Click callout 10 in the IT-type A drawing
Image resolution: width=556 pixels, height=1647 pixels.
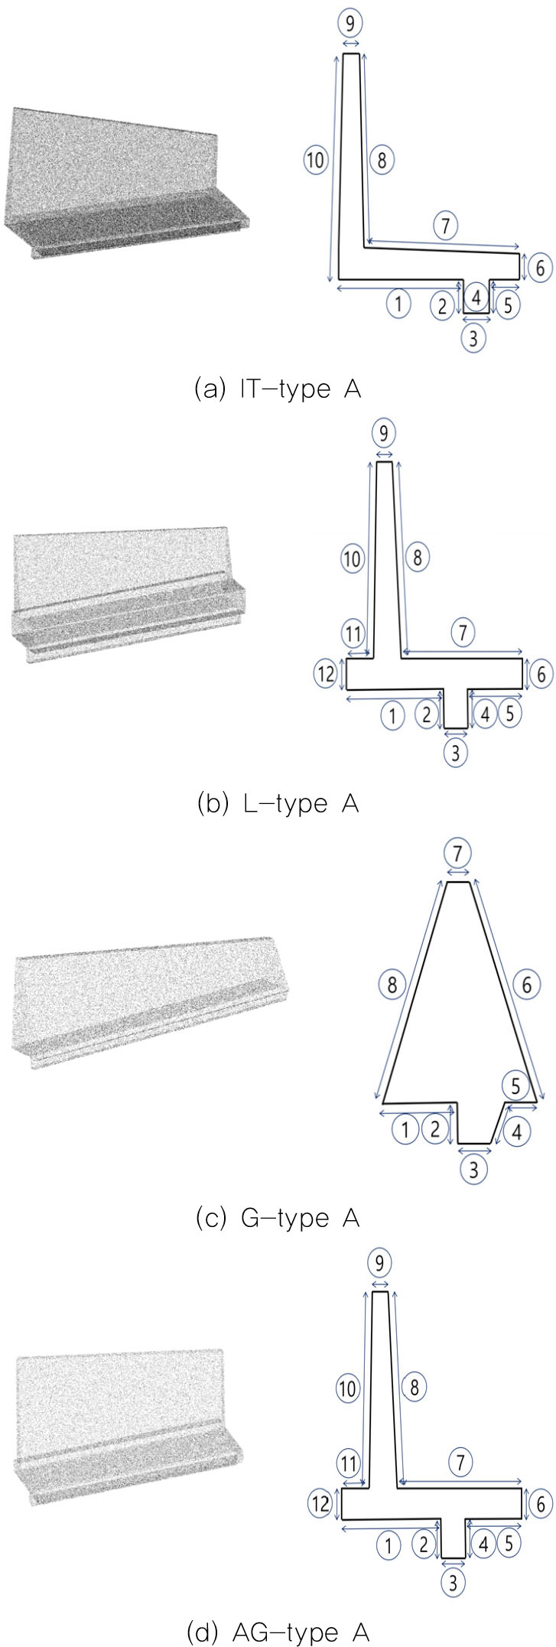(315, 161)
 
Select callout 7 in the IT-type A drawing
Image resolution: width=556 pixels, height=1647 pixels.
(445, 225)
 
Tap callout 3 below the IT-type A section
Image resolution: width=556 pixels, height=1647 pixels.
(474, 337)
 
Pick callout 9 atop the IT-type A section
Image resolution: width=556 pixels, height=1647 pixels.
(350, 24)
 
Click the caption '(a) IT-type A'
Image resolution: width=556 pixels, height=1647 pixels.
(278, 389)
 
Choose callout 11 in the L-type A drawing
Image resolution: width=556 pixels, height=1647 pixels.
(353, 634)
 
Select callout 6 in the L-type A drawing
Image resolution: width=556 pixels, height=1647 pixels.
(541, 674)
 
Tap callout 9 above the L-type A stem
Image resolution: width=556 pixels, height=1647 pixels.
(383, 434)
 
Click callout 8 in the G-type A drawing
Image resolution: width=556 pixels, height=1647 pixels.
(392, 985)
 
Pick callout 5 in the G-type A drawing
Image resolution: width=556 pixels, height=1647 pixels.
(515, 1086)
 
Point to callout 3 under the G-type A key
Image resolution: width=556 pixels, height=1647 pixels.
(474, 1169)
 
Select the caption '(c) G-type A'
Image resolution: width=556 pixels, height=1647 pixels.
(278, 1218)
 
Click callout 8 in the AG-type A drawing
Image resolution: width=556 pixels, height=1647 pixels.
(414, 1387)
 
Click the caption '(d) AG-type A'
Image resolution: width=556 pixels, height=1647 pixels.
(278, 1632)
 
